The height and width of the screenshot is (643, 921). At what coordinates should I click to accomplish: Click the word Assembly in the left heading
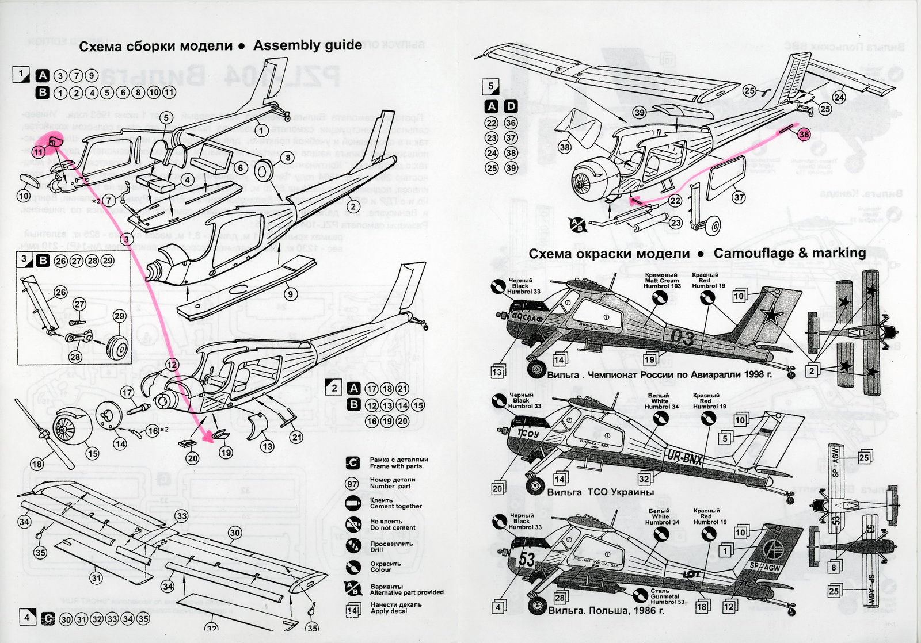[x=283, y=45]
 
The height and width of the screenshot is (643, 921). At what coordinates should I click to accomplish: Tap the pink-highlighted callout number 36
[x=804, y=134]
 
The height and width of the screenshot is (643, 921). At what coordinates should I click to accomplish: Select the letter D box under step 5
[x=511, y=106]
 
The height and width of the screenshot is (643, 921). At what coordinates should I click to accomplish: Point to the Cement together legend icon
[x=352, y=503]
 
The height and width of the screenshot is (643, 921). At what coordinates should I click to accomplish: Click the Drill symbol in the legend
[x=353, y=546]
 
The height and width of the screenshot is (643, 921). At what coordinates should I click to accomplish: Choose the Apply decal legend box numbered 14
[x=352, y=610]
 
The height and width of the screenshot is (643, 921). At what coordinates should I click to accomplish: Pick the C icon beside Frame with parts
[x=352, y=463]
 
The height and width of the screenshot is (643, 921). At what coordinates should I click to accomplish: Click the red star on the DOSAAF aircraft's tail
[x=770, y=315]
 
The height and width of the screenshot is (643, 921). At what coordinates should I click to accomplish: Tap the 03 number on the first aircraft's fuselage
[x=683, y=337]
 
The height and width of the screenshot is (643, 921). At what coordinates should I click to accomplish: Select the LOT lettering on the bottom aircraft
[x=691, y=574]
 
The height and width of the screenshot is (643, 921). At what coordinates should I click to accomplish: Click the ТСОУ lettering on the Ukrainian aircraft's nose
[x=527, y=434]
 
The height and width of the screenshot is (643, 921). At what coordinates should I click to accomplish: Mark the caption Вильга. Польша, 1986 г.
[x=606, y=610]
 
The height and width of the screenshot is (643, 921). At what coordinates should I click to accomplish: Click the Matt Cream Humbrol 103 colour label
[x=661, y=280]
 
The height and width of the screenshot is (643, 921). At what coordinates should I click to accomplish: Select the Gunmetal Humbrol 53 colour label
[x=668, y=596]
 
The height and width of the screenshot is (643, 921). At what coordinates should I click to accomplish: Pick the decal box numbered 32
[x=644, y=479]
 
